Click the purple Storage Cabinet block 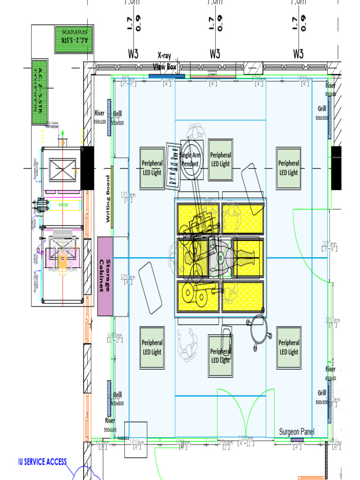(105, 276)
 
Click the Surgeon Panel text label (297, 432)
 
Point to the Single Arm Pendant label (190, 159)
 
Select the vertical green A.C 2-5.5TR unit (40, 92)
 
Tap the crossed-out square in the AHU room (63, 169)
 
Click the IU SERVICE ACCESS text (42, 462)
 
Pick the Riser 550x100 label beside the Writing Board (100, 117)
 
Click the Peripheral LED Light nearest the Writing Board (152, 168)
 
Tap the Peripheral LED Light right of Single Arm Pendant (220, 159)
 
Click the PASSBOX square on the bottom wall (135, 439)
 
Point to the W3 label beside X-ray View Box (133, 54)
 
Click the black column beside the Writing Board (87, 168)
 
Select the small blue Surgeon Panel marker (297, 440)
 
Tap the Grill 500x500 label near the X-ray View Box (117, 117)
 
